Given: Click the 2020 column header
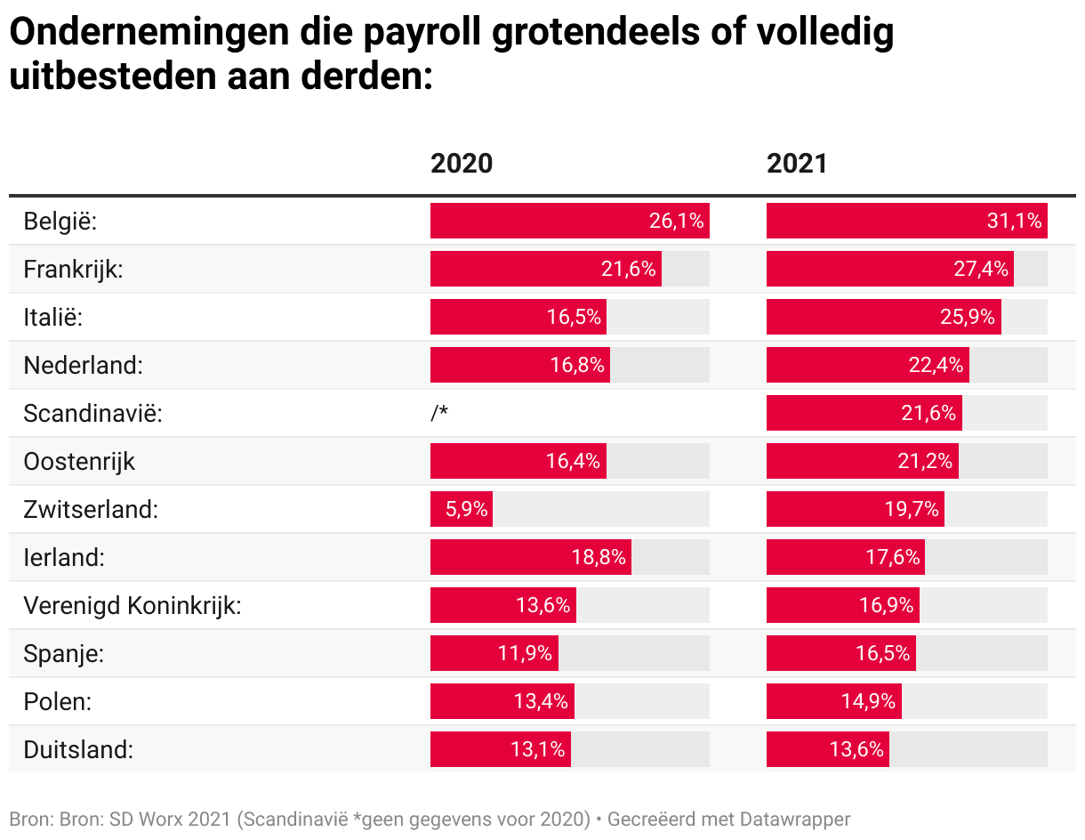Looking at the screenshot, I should pyautogui.click(x=461, y=164).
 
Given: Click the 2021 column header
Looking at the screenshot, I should pyautogui.click(x=797, y=164).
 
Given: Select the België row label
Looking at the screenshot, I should pyautogui.click(x=60, y=221).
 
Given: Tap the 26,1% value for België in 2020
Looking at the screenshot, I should pyautogui.click(x=676, y=221).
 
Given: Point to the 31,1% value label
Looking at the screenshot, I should pyautogui.click(x=1014, y=221).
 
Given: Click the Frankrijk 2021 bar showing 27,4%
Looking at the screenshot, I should pyautogui.click(x=889, y=269).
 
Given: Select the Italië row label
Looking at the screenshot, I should pyautogui.click(x=52, y=317).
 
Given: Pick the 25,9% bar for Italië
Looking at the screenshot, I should pyautogui.click(x=883, y=317).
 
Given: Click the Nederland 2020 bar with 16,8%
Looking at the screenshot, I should pyautogui.click(x=520, y=365).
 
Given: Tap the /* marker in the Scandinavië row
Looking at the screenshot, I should pyautogui.click(x=438, y=413).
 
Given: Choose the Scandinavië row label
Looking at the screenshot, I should pyautogui.click(x=92, y=413).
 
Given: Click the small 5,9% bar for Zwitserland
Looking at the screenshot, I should pyautogui.click(x=462, y=509).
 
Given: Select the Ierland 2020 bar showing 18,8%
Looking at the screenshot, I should pyautogui.click(x=530, y=557).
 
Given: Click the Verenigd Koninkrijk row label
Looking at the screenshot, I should pyautogui.click(x=133, y=606).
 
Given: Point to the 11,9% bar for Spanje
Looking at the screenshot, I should pyautogui.click(x=494, y=653).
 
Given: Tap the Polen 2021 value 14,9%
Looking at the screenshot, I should pyautogui.click(x=868, y=701).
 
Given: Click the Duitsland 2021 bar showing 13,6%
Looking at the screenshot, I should pyautogui.click(x=828, y=749).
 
